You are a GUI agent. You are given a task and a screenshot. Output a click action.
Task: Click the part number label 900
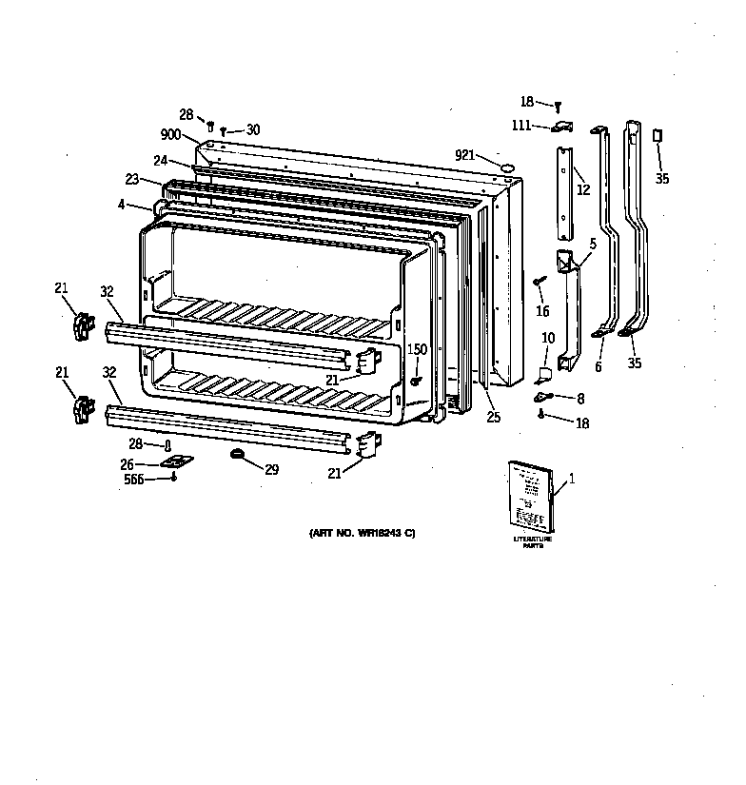[172, 135]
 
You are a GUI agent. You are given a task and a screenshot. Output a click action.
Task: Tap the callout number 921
[464, 155]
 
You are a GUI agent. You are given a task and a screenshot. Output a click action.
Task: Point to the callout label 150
[417, 350]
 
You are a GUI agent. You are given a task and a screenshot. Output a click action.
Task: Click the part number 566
[135, 480]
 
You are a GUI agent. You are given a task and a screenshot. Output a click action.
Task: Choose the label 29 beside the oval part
[271, 470]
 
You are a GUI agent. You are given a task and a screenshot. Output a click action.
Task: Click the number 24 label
[161, 160]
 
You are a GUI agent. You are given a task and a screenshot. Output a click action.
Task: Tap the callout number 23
[131, 178]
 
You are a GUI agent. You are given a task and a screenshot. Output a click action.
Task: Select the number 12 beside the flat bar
[583, 190]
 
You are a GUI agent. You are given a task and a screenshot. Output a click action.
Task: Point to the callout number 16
[542, 310]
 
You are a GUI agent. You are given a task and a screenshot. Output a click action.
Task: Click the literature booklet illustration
[530, 496]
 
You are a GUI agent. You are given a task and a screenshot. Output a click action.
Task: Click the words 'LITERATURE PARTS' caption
[532, 543]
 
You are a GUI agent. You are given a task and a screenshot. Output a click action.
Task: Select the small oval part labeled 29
[238, 457]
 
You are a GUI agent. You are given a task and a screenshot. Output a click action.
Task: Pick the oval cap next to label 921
[507, 167]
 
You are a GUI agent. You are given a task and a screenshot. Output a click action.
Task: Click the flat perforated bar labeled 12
[565, 192]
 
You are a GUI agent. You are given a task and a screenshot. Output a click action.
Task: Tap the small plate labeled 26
[175, 461]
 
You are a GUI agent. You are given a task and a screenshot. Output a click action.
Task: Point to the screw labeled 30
[224, 131]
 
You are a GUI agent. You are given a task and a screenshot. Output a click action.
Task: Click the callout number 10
[548, 338]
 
